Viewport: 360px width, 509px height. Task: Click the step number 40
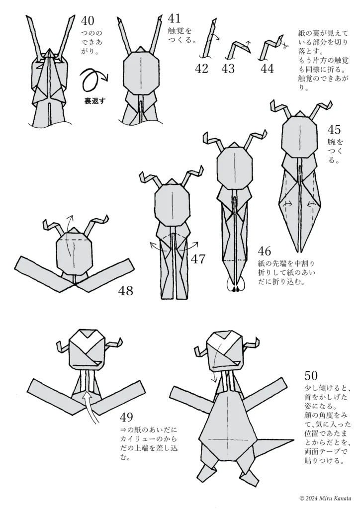[88, 21]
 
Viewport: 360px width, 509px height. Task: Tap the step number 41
[174, 18]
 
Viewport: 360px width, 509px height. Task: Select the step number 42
[201, 69]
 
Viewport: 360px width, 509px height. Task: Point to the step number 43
[228, 69]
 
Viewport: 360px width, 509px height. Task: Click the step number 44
[267, 69]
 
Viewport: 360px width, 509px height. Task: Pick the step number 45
[334, 130]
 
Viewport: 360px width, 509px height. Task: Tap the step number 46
[265, 251]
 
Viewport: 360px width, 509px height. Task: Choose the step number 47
[198, 259]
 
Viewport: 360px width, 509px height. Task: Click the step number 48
[126, 291]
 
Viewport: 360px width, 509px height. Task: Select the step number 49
[127, 417]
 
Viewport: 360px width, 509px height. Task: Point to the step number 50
[311, 376]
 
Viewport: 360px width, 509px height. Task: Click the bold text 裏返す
[95, 100]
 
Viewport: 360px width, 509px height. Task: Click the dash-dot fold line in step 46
[234, 260]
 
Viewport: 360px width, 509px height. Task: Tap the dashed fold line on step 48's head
[74, 240]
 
